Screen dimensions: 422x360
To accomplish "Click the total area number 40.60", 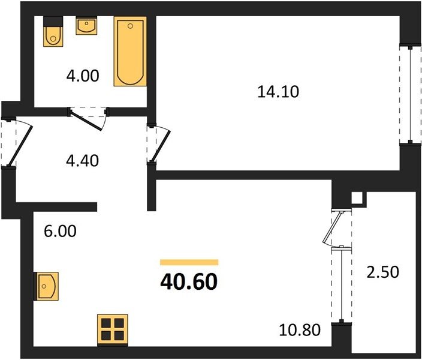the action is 189,282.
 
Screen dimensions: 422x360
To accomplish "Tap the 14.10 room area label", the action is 278,92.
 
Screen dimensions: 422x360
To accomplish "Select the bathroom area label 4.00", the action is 83,76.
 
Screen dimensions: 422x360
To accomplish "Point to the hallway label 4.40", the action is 82,161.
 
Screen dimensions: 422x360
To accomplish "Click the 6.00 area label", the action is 60,231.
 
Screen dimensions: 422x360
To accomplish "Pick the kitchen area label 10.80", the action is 300,330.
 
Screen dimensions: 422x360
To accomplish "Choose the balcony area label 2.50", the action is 382,272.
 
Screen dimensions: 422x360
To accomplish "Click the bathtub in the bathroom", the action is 130,52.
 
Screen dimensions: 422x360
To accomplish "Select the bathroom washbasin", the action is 86,26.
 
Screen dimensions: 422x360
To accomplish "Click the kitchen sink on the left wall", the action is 47,286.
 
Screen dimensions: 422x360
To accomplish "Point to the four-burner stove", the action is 113,330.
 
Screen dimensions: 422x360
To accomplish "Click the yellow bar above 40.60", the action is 189,262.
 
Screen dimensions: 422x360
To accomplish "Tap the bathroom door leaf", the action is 86,121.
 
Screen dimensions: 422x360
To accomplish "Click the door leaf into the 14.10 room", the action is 161,146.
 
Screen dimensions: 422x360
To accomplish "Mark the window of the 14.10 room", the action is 410,95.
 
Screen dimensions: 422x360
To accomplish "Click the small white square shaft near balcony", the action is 357,199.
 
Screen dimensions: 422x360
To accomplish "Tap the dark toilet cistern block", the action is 53,22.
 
